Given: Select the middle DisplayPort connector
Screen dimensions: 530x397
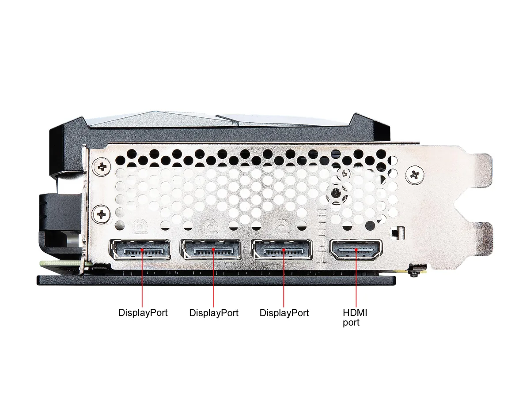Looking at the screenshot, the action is pos(211,250).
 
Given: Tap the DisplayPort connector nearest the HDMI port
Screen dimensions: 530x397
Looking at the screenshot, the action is pos(281,250).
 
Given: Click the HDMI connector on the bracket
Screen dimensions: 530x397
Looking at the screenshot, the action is pos(356,250).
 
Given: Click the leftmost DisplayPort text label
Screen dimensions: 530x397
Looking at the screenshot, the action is pos(143,313).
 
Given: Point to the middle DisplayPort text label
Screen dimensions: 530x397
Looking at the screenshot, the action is pos(214,313).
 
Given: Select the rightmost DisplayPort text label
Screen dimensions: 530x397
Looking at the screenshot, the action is pos(284,313).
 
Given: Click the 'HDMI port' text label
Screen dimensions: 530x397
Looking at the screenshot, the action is pos(355,318).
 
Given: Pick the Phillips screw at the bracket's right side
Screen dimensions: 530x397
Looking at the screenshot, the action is pos(415,174).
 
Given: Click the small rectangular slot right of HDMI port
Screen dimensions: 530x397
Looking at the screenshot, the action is pos(397,233).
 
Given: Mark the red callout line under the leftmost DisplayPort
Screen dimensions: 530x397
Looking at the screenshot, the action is pos(142,278).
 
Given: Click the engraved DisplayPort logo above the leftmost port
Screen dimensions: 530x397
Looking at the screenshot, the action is pos(140,227).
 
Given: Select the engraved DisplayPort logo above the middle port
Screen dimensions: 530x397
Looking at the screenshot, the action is pos(211,227).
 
